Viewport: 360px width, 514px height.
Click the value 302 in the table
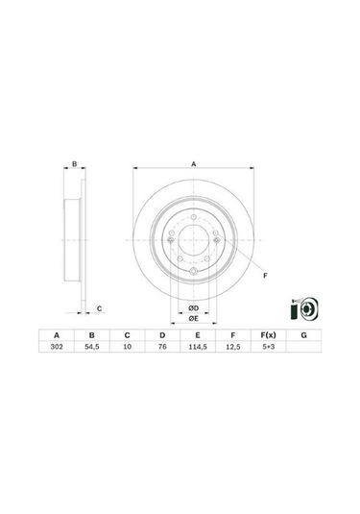(x=57, y=347)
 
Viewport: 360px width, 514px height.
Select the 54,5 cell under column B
(x=92, y=347)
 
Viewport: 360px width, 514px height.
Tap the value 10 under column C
(x=127, y=347)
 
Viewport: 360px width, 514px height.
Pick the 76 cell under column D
(x=162, y=347)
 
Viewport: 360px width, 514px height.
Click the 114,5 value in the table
(x=198, y=347)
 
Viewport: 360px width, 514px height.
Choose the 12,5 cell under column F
(x=233, y=347)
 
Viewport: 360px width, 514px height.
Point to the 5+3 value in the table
(x=268, y=347)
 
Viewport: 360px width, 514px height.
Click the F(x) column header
(x=268, y=335)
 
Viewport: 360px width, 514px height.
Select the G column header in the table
(x=304, y=335)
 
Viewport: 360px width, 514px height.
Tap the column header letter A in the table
(x=57, y=335)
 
